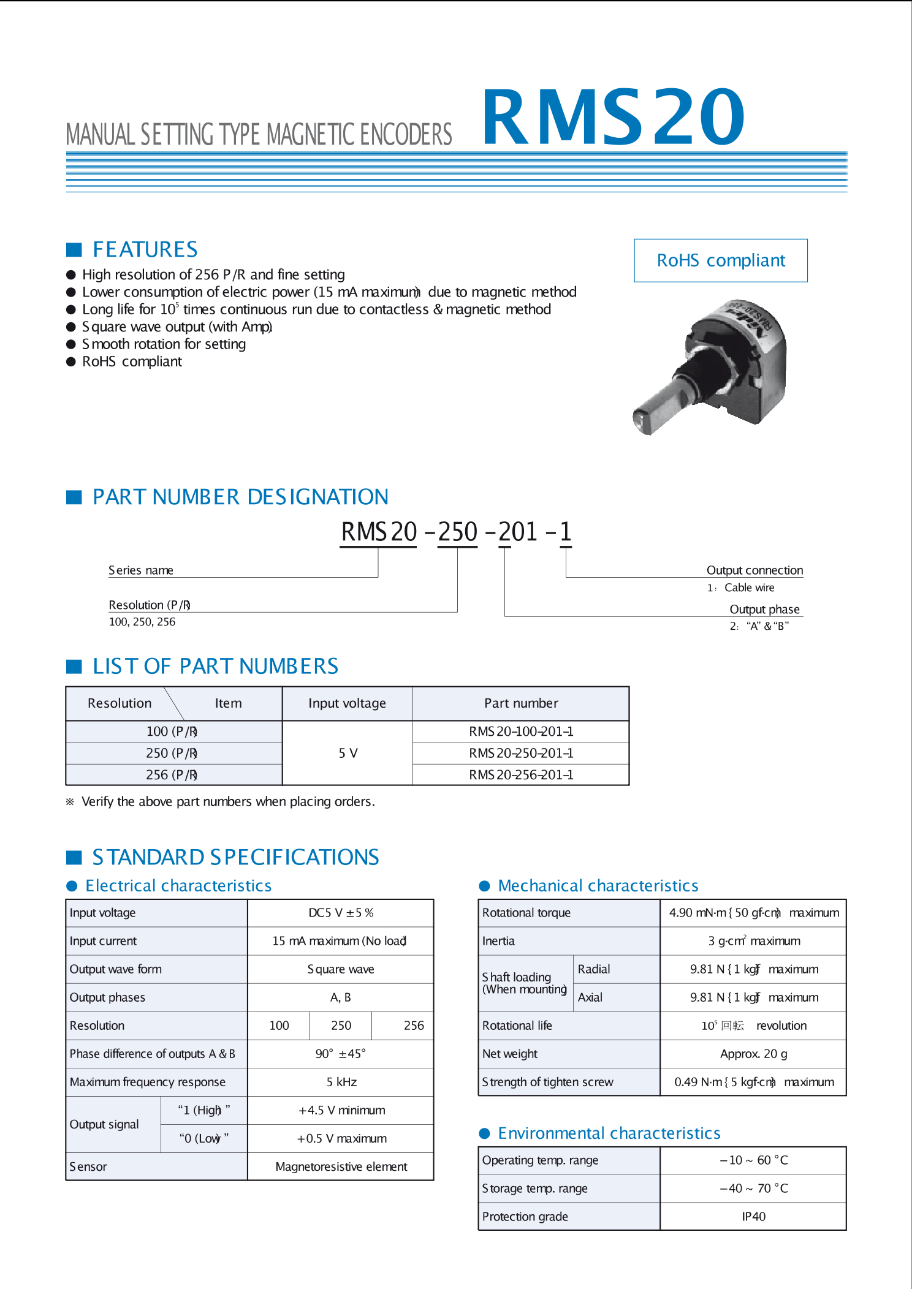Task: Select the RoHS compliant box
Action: point(720,260)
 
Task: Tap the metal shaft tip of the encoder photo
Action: point(642,421)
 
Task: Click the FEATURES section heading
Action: point(145,249)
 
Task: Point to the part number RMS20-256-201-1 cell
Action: point(521,775)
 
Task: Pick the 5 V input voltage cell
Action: point(348,753)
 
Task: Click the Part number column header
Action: point(521,703)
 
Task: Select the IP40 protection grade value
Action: point(753,1217)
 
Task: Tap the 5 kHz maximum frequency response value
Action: point(341,1082)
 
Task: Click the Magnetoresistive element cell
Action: point(341,1166)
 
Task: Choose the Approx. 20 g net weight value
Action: point(753,1054)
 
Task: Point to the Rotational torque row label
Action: point(526,913)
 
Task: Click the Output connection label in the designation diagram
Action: point(754,570)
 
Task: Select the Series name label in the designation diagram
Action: point(141,570)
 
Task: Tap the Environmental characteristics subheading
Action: point(609,1133)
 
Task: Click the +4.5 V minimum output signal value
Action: point(341,1110)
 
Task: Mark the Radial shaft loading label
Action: point(594,969)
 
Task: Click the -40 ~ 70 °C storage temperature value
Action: point(753,1189)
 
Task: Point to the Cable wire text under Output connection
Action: point(749,588)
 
